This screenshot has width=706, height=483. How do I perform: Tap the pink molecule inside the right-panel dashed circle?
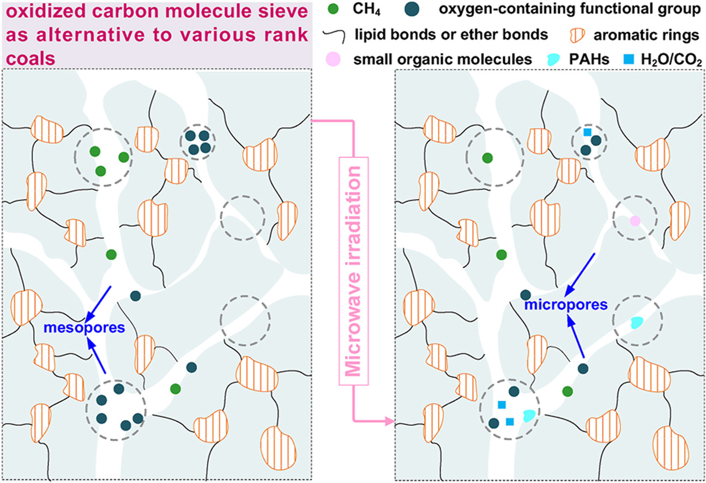click(634, 221)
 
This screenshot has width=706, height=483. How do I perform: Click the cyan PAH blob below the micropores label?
click(636, 322)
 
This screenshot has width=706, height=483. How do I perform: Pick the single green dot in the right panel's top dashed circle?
click(487, 158)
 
